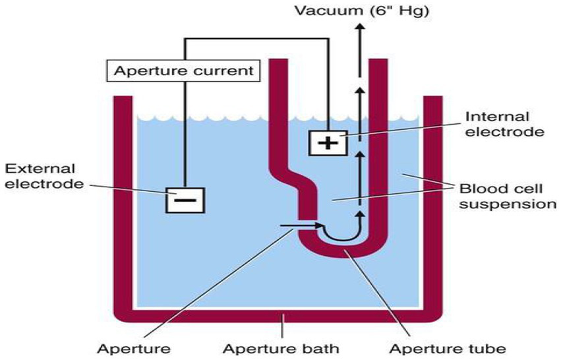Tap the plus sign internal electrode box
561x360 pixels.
click(328, 142)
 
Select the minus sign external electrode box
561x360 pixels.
click(185, 198)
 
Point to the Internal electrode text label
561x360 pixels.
click(505, 124)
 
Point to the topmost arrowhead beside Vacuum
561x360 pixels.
click(360, 26)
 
